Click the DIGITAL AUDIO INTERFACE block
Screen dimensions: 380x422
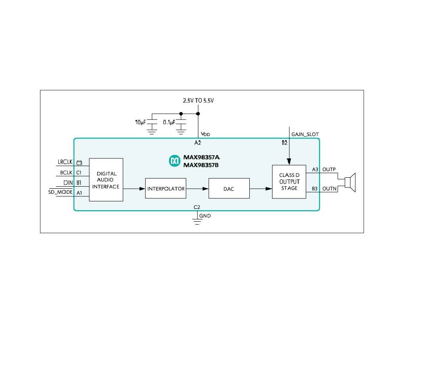pyautogui.click(x=106, y=180)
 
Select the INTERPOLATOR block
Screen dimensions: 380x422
pyautogui.click(x=166, y=189)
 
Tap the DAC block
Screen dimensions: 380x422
pyautogui.click(x=229, y=189)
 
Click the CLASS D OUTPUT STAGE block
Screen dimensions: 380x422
pyautogui.click(x=288, y=182)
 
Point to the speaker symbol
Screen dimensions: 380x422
pyautogui.click(x=350, y=182)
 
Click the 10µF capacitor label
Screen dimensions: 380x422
pyautogui.click(x=140, y=122)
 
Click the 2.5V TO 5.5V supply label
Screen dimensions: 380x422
pyautogui.click(x=198, y=101)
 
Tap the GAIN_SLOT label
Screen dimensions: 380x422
pyautogui.click(x=305, y=134)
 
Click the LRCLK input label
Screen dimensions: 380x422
pyautogui.click(x=65, y=162)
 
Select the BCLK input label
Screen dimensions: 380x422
pyautogui.click(x=67, y=172)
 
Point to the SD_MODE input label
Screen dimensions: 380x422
pyautogui.click(x=61, y=192)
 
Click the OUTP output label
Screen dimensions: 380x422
pyautogui.click(x=329, y=169)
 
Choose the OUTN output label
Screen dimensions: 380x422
pyautogui.click(x=329, y=189)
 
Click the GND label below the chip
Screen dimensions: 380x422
pyautogui.click(x=205, y=216)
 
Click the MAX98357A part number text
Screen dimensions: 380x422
pyautogui.click(x=201, y=158)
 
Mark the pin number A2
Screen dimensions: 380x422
pyautogui.click(x=198, y=143)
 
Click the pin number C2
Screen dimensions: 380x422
pyautogui.click(x=197, y=207)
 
